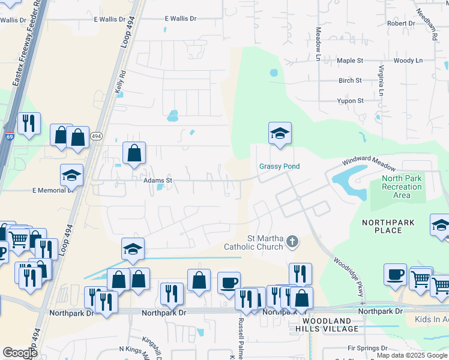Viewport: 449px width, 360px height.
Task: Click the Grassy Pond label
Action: point(279,166)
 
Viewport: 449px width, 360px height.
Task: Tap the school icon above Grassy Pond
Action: point(280,134)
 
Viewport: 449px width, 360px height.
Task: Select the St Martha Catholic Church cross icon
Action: point(292,241)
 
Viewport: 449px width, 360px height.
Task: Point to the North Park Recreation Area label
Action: point(402,187)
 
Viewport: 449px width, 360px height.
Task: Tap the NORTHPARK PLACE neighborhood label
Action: point(388,226)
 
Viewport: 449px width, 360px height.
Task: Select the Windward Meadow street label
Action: point(369,163)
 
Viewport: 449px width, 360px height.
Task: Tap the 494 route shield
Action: point(96,137)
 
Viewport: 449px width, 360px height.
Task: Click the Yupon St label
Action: point(351,101)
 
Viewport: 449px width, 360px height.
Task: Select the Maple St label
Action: point(351,61)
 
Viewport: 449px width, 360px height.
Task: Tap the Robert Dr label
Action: point(401,23)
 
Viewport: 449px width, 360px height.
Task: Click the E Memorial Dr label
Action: point(52,190)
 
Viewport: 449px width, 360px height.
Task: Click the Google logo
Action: point(20,353)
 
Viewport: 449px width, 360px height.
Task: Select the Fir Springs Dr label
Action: point(367,348)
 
